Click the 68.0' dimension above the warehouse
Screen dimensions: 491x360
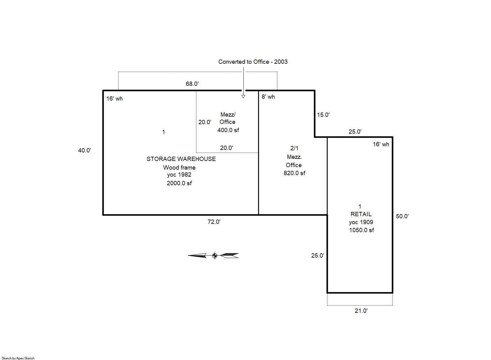pyautogui.click(x=192, y=84)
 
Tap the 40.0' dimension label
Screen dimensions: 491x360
pyautogui.click(x=85, y=150)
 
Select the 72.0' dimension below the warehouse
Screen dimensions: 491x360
pyautogui.click(x=214, y=222)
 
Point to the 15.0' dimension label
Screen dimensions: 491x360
pyautogui.click(x=323, y=115)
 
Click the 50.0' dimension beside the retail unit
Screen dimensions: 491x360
pyautogui.click(x=402, y=216)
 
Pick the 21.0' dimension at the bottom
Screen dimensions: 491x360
pyautogui.click(x=361, y=311)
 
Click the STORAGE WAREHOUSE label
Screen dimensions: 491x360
pyautogui.click(x=181, y=159)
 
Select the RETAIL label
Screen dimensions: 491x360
pyautogui.click(x=361, y=214)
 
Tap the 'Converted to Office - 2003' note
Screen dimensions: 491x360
pyautogui.click(x=253, y=62)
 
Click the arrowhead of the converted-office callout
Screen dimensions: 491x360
pyautogui.click(x=243, y=97)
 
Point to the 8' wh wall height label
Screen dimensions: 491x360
pyautogui.click(x=268, y=97)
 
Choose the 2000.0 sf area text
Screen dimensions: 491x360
pyautogui.click(x=179, y=183)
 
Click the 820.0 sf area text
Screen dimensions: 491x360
pyautogui.click(x=294, y=173)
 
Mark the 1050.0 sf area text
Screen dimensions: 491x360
pyautogui.click(x=362, y=230)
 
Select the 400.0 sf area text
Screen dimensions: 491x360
pyautogui.click(x=228, y=130)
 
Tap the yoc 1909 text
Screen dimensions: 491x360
pyautogui.click(x=361, y=222)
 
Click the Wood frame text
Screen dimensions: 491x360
pyautogui.click(x=179, y=168)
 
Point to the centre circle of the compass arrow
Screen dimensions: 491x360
pyautogui.click(x=215, y=256)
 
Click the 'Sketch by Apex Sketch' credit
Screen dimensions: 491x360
pyautogui.click(x=18, y=358)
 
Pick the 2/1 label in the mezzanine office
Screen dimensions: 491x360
pyautogui.click(x=294, y=148)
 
